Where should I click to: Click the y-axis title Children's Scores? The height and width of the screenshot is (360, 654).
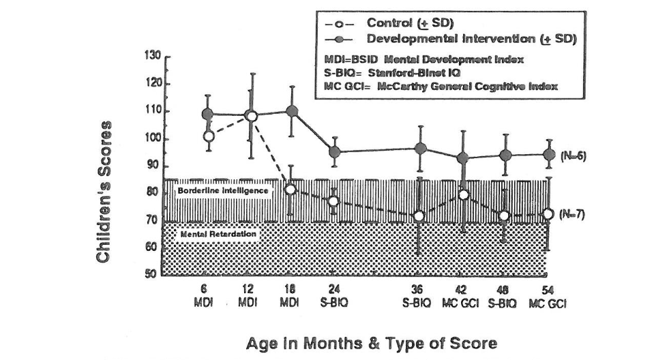pyautogui.click(x=104, y=192)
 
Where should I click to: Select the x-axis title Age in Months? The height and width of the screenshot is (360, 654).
pyautogui.click(x=371, y=343)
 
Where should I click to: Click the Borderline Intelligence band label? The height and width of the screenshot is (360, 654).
pyautogui.click(x=222, y=191)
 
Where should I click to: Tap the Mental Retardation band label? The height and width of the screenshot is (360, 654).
pyautogui.click(x=218, y=235)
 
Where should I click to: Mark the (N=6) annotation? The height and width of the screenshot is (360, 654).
pyautogui.click(x=572, y=155)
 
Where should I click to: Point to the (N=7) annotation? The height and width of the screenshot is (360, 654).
pyautogui.click(x=572, y=214)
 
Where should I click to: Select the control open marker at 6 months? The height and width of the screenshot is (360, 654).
pyautogui.click(x=209, y=136)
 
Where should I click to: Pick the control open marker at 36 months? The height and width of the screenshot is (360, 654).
pyautogui.click(x=419, y=216)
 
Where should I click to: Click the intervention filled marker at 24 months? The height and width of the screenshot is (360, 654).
pyautogui.click(x=334, y=151)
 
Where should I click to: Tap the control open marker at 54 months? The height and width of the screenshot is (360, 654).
pyautogui.click(x=548, y=214)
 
